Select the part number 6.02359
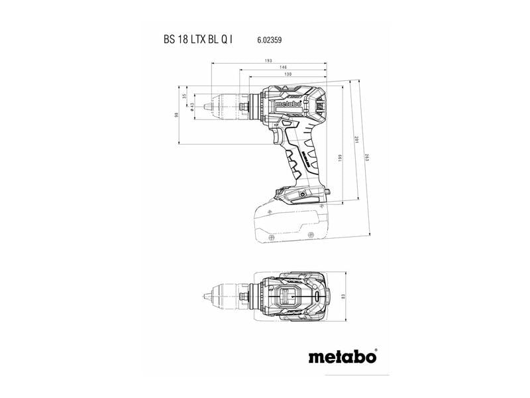270,40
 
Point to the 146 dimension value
282,68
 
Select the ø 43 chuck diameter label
191,106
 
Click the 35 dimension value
184,96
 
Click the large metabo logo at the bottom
343,356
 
